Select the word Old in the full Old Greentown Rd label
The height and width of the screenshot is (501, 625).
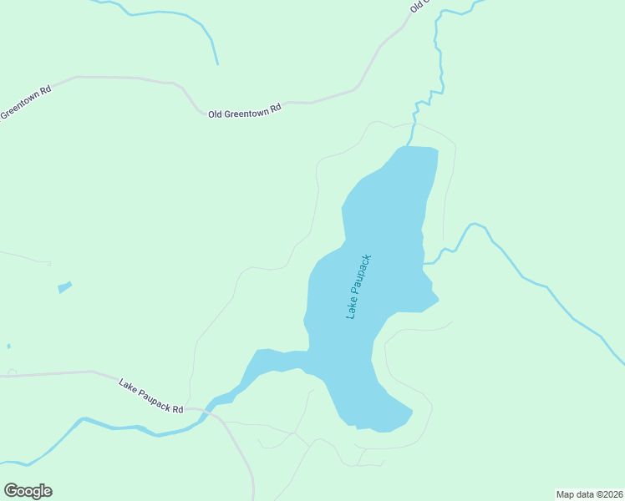click(216, 113)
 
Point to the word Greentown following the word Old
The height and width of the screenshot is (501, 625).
click(246, 110)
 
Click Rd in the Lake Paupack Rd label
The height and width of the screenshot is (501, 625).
click(176, 409)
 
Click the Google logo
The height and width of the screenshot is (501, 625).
click(28, 491)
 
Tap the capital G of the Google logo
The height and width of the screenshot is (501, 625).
click(12, 490)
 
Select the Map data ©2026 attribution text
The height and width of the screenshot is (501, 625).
click(589, 494)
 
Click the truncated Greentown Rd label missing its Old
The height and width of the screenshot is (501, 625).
click(26, 101)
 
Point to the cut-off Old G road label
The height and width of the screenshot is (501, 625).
click(419, 5)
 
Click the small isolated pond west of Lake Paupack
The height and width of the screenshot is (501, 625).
click(64, 287)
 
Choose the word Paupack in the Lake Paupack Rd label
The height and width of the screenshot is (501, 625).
click(153, 397)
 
